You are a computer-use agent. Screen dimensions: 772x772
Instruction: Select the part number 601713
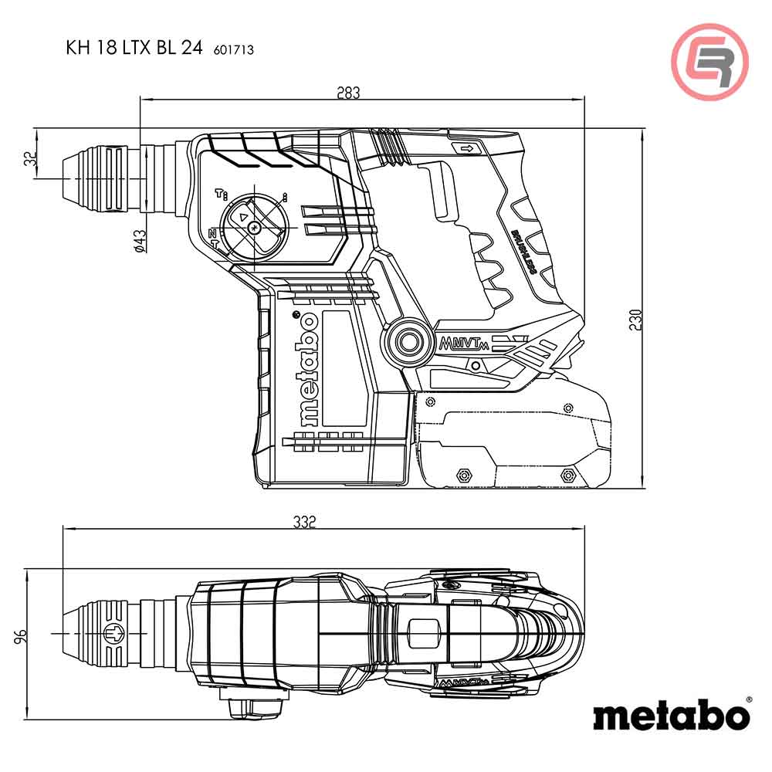233,50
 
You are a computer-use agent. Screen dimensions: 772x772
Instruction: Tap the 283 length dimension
348,93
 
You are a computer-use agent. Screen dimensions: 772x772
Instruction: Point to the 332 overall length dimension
305,522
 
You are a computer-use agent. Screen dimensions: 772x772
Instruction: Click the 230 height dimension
635,319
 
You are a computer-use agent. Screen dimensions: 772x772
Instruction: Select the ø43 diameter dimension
140,241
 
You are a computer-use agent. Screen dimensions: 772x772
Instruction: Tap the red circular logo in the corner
709,62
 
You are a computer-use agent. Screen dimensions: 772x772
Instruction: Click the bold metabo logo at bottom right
671,714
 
